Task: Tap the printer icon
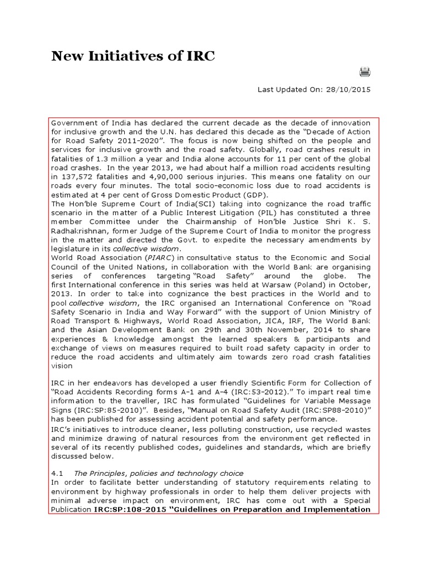click(365, 71)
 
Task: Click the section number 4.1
click(57, 473)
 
